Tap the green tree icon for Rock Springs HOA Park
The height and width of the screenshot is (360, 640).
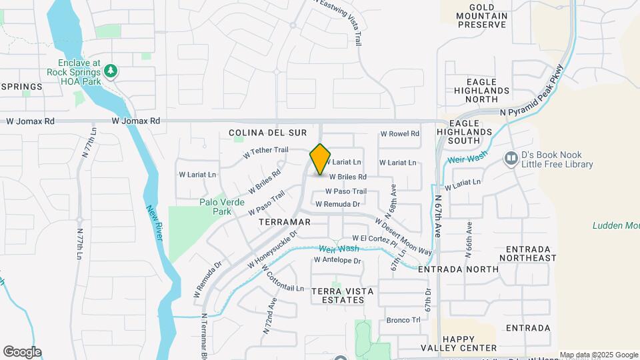(x=111, y=71)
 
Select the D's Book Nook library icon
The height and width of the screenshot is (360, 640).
(x=511, y=158)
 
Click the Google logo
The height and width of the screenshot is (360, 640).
(x=22, y=352)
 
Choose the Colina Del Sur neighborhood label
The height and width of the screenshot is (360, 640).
(x=258, y=133)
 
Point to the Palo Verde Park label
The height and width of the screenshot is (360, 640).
(x=215, y=207)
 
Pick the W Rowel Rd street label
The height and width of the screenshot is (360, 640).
(x=399, y=133)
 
